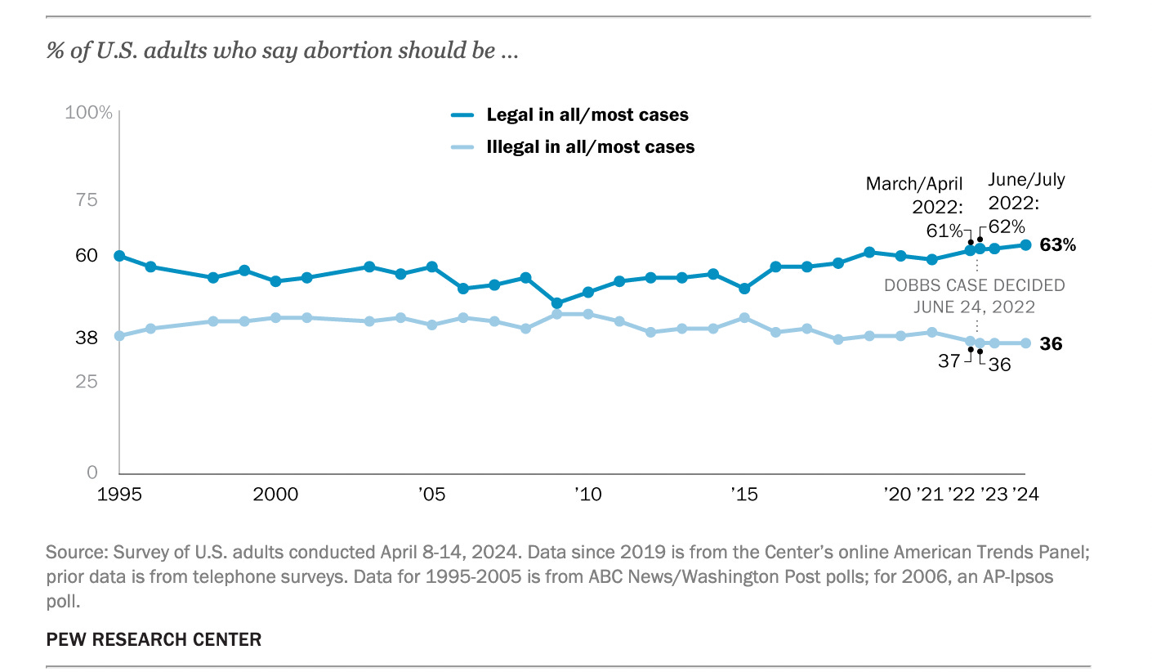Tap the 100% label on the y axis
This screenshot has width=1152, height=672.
coord(88,112)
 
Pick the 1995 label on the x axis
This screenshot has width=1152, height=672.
coord(120,494)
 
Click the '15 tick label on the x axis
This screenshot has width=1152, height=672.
coord(743,494)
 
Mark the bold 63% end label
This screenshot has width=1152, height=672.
coord(1058,245)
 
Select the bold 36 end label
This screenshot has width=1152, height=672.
coord(1052,344)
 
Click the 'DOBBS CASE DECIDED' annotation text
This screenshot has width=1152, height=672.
coord(975,285)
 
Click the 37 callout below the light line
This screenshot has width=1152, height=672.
coord(949,360)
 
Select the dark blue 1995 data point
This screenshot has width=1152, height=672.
coord(119,256)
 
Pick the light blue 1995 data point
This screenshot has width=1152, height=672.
coord(119,336)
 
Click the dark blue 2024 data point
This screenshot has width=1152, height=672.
coord(1025,244)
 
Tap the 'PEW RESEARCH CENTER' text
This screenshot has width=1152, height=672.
coord(154,639)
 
